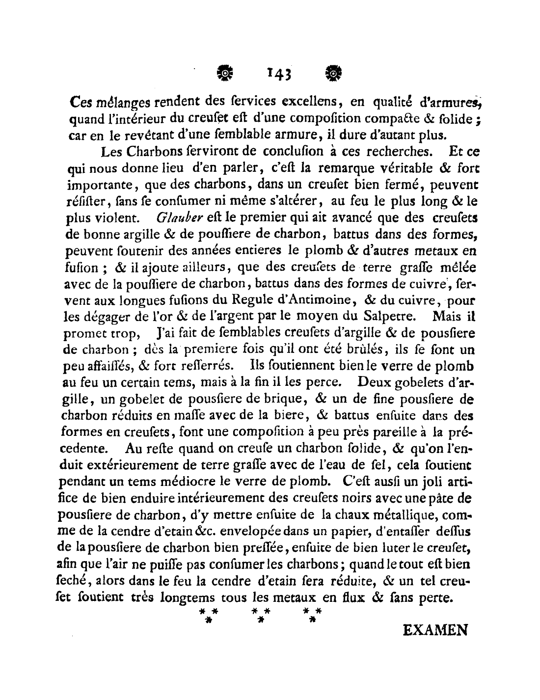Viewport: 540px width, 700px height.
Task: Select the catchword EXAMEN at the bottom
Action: point(434,630)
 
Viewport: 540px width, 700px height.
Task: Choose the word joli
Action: point(418,482)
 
